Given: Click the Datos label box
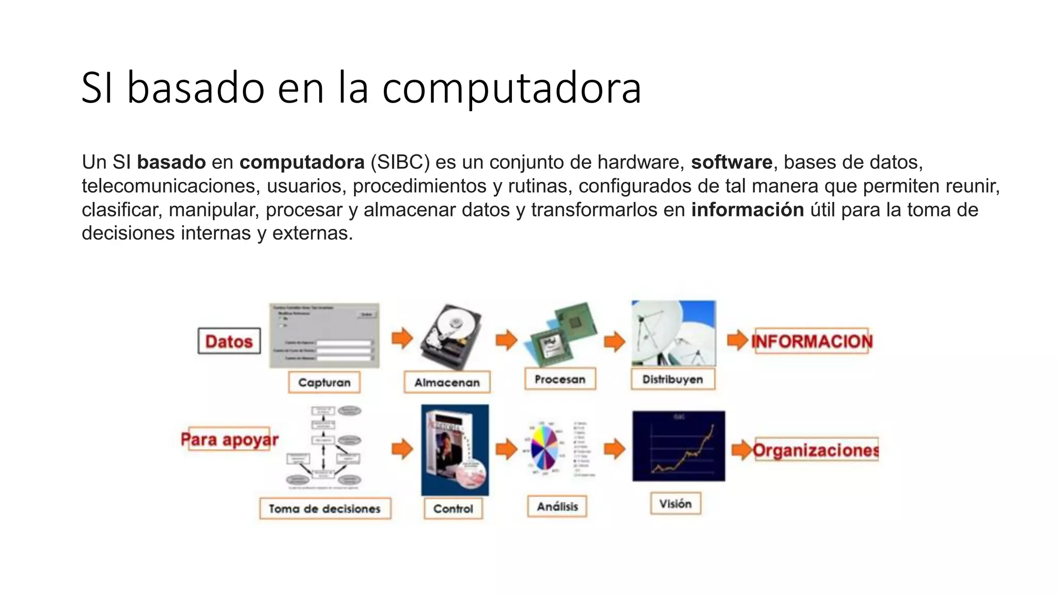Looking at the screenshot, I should [x=229, y=341].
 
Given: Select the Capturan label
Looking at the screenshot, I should [x=324, y=383].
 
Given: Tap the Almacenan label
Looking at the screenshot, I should [x=447, y=383].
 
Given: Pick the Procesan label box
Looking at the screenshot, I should [x=560, y=379].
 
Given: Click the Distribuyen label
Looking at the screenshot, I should [x=673, y=379].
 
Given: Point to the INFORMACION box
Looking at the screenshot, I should [x=812, y=341].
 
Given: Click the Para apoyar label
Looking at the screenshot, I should [x=229, y=440].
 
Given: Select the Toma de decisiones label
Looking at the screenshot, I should [x=324, y=509].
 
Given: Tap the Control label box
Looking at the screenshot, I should [x=453, y=509].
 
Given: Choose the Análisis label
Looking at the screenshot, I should [x=557, y=506].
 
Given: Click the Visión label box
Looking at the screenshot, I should [x=675, y=504].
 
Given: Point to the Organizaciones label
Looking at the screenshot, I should [x=816, y=450].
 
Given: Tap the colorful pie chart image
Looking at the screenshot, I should [x=544, y=447].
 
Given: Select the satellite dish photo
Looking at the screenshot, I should [x=673, y=333].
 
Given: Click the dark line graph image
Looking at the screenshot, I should [x=678, y=446].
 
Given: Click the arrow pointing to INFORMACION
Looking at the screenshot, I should [x=738, y=340].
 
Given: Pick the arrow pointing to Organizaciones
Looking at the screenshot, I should [x=741, y=450].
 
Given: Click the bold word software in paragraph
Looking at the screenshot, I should [x=732, y=162].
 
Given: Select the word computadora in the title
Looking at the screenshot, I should [x=511, y=88].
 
